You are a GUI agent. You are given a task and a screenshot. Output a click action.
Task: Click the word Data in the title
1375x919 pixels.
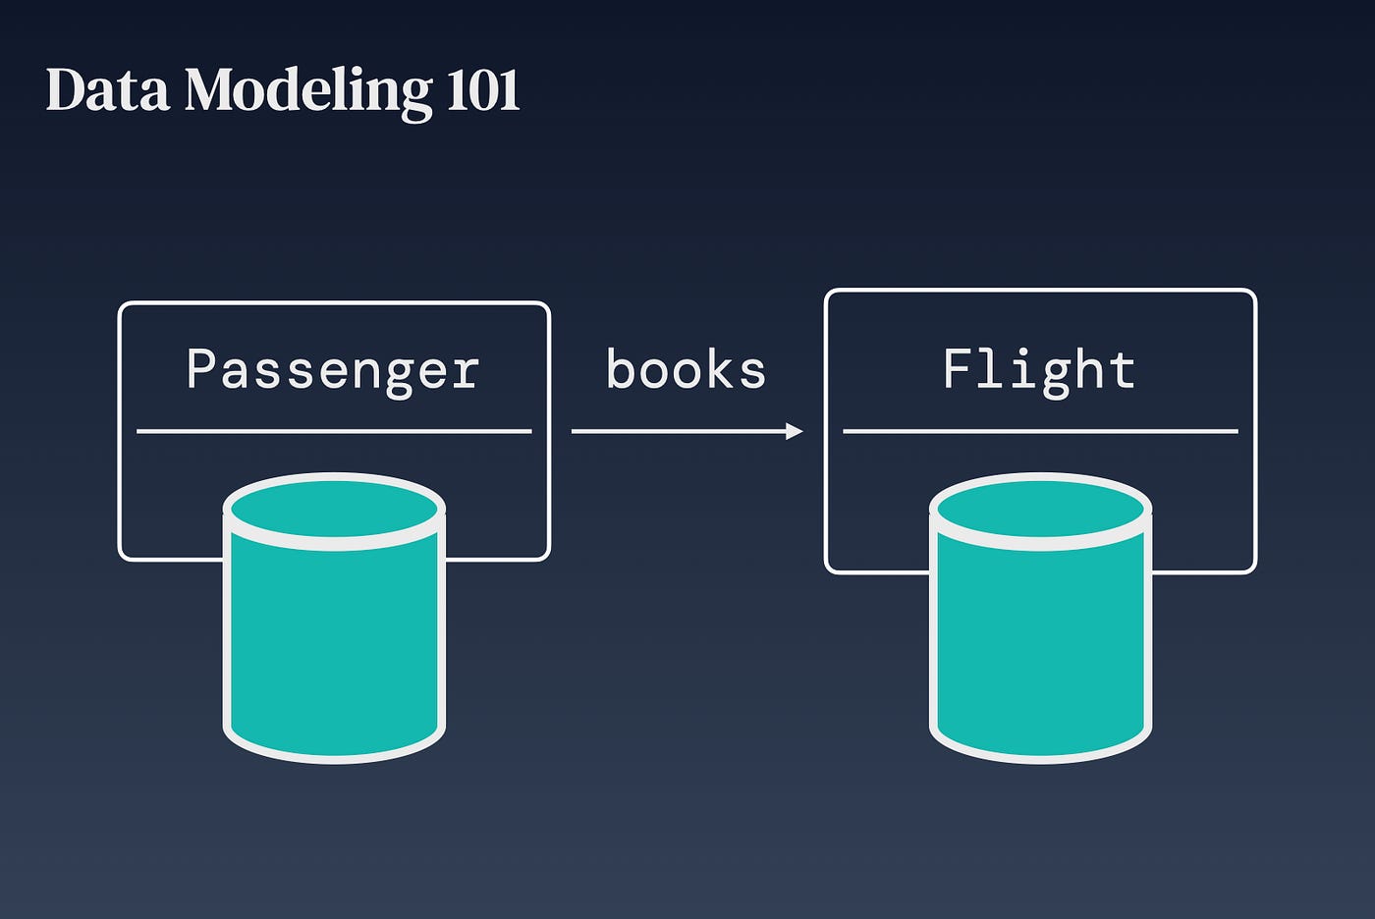107,90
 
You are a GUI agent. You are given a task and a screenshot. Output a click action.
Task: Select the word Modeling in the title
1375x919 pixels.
307,91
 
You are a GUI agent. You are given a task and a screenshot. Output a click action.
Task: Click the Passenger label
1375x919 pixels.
333,370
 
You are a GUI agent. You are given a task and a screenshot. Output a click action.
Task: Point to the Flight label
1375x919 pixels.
1039,370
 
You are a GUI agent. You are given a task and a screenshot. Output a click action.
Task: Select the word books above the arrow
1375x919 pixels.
686,370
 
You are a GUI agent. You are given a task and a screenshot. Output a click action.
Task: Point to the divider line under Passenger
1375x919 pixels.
334,431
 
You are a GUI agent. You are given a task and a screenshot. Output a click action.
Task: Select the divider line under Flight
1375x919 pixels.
1040,431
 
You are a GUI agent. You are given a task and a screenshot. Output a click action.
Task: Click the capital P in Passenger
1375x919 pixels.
201,369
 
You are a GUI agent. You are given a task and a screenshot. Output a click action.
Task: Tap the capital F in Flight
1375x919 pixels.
957,369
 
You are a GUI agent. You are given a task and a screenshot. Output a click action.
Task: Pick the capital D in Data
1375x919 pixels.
65,90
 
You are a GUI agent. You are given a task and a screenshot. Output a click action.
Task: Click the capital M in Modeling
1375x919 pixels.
210,90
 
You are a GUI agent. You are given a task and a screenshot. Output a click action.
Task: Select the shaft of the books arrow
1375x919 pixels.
678,431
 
